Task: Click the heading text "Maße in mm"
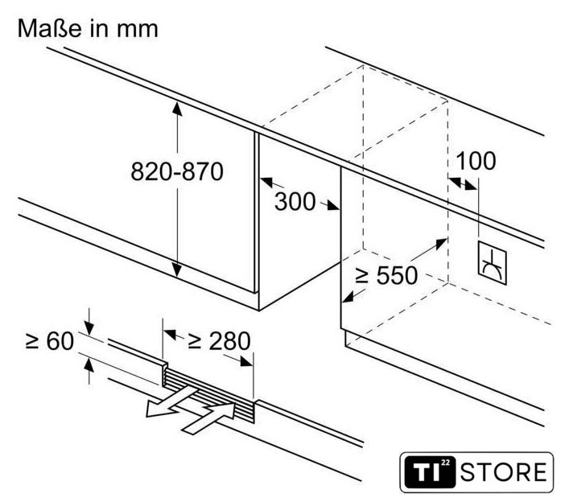click(x=88, y=28)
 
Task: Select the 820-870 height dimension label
click(x=177, y=171)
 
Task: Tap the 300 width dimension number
click(x=295, y=201)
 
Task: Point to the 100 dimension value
click(x=476, y=161)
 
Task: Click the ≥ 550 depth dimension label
click(x=386, y=275)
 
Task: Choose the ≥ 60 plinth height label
click(x=50, y=340)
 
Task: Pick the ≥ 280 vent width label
click(x=219, y=341)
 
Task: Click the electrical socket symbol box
click(x=492, y=263)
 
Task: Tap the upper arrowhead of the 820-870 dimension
click(x=177, y=109)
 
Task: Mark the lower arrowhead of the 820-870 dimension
click(x=177, y=270)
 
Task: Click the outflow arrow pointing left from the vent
click(x=170, y=401)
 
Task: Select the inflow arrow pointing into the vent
click(x=208, y=418)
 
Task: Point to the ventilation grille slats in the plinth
click(x=209, y=395)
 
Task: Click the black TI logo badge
click(x=430, y=472)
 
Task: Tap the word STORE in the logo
click(x=504, y=472)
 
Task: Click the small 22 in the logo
click(x=445, y=463)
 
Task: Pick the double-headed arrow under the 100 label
click(x=463, y=183)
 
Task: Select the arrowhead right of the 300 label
click(x=332, y=206)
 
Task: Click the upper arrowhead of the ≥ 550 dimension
click(x=440, y=244)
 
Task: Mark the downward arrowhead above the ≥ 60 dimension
click(x=89, y=328)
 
